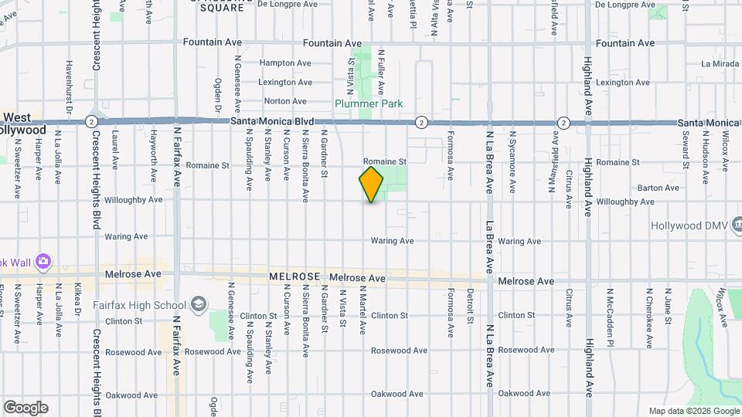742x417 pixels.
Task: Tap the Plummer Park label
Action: (369, 103)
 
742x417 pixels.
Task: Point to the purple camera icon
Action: (43, 262)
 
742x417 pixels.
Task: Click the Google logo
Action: (26, 408)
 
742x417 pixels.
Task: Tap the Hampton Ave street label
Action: (285, 63)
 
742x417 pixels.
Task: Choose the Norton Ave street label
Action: (285, 101)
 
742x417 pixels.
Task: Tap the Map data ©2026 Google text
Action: (693, 411)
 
